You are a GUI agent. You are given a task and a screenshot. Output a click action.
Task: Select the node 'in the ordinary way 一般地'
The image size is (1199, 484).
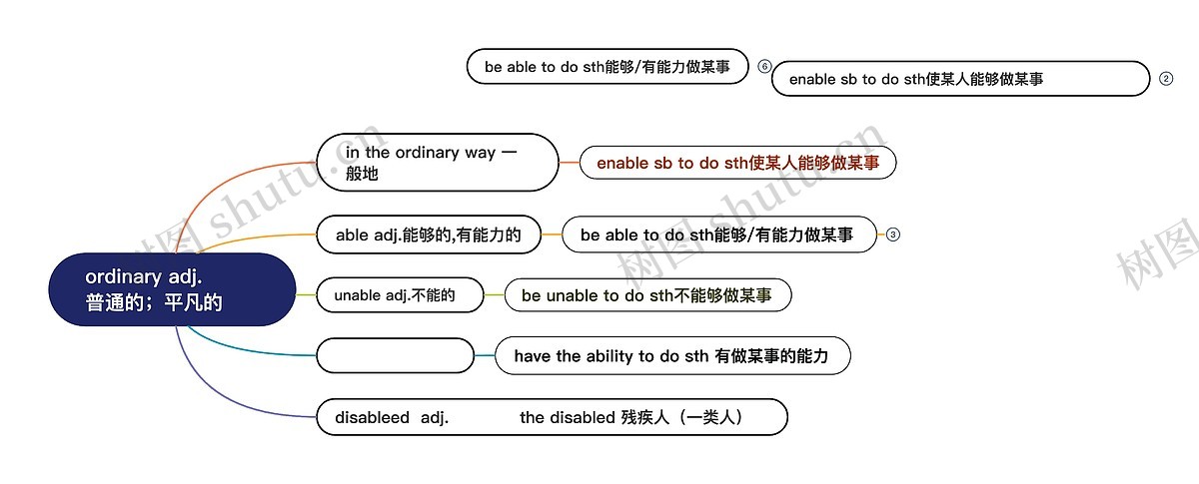pos(437,163)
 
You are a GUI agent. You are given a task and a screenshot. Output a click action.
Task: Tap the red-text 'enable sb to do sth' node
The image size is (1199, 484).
pos(737,163)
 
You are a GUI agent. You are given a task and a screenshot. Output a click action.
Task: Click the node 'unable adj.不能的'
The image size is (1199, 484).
pos(399,295)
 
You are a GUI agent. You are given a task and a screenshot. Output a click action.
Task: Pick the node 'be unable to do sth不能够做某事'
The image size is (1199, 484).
pos(646,295)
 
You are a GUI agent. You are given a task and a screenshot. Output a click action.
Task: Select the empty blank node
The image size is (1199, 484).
pos(395,355)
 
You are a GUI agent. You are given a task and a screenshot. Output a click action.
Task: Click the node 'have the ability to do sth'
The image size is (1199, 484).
pos(671,355)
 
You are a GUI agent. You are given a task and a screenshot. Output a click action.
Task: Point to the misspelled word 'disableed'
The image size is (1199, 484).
pos(373,417)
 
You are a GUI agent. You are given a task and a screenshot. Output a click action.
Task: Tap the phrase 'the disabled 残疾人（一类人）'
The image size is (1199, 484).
pos(631,417)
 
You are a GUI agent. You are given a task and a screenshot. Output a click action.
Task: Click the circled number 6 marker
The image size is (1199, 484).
pos(765,67)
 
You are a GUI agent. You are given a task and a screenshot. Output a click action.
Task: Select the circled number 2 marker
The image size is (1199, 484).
pos(1166,79)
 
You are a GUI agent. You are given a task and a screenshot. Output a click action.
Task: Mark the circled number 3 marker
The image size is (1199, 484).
pos(893,235)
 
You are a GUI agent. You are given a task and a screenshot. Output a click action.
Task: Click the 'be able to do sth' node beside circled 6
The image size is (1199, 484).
pos(607,67)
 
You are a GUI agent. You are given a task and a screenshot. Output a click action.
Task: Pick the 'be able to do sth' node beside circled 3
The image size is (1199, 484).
pos(716,235)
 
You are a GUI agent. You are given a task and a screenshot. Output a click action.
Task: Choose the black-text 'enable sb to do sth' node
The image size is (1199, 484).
pos(959,79)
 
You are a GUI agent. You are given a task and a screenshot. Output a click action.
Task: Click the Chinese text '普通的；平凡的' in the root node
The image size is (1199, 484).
pos(154,302)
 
